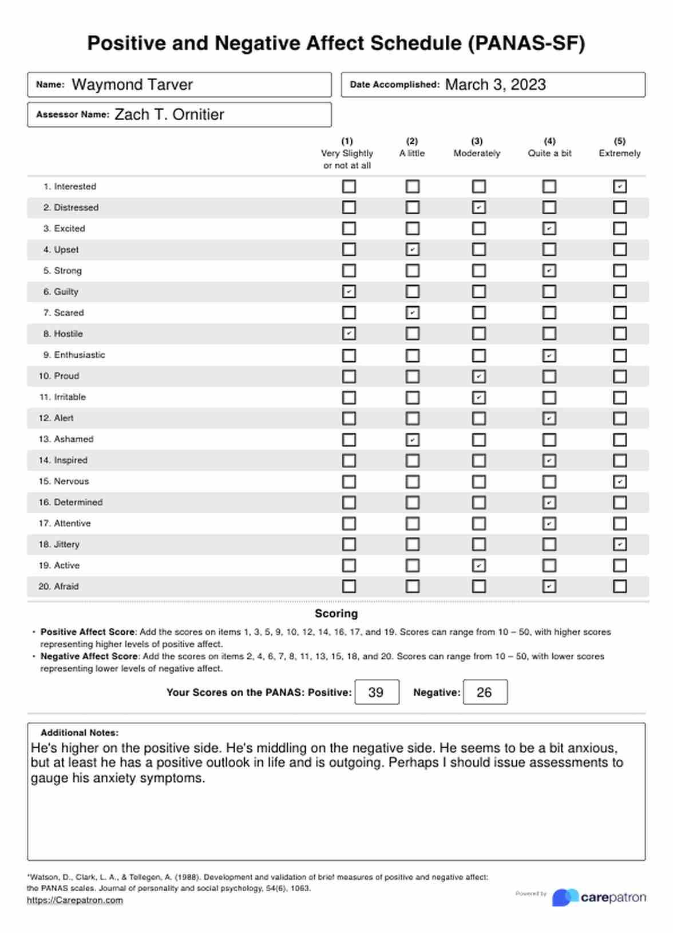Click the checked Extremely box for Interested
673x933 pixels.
click(x=620, y=187)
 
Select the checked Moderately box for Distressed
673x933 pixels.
click(x=479, y=207)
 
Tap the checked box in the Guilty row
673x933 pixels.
click(x=349, y=291)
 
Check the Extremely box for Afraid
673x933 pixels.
click(x=620, y=586)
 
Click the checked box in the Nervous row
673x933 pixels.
click(x=620, y=481)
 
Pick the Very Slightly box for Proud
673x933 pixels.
click(x=349, y=376)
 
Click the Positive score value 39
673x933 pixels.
click(x=376, y=693)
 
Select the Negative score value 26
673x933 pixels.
click(x=484, y=693)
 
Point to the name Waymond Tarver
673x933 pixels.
click(x=132, y=85)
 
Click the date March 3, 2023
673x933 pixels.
click(x=496, y=85)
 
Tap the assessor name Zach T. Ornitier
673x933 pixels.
click(x=169, y=114)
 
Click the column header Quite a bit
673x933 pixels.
click(x=549, y=153)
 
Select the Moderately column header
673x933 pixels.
click(x=477, y=153)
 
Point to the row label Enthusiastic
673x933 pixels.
click(x=80, y=355)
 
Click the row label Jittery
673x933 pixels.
click(x=66, y=544)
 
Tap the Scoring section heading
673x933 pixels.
click(x=336, y=614)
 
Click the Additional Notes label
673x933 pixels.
click(x=80, y=733)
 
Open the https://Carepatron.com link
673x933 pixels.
click(x=75, y=900)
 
